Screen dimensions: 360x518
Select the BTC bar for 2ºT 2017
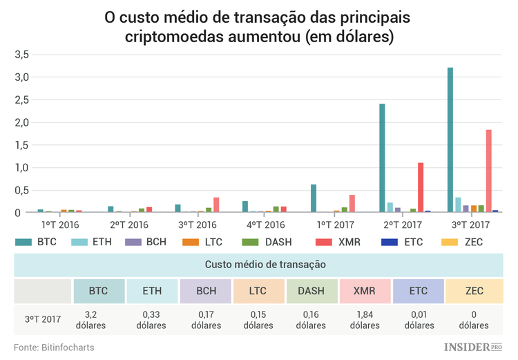click(x=382, y=158)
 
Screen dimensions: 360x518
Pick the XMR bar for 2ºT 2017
click(x=420, y=188)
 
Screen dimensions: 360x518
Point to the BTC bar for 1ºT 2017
click(x=314, y=199)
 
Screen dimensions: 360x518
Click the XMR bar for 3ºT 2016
click(x=215, y=205)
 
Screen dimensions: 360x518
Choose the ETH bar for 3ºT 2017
click(x=458, y=205)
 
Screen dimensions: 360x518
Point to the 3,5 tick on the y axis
click(x=21, y=54)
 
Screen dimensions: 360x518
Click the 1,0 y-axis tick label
click(x=21, y=167)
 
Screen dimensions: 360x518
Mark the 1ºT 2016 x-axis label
click(x=59, y=225)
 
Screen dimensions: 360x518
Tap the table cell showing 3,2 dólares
click(x=98, y=319)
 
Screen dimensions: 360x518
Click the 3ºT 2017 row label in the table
click(x=42, y=319)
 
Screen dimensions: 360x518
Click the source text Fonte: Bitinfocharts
click(x=54, y=347)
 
